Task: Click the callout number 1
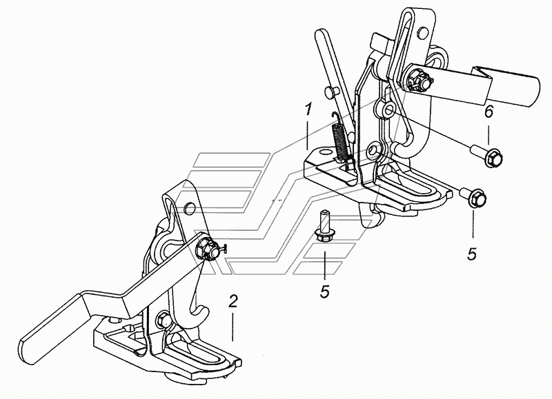pos(308,110)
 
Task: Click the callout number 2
pos(233,302)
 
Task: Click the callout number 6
pos(489,112)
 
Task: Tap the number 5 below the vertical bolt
pos(325,291)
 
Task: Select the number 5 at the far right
pos(472,253)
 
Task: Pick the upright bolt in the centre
pos(323,226)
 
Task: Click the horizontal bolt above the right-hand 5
pos(473,196)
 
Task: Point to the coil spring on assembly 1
pos(339,140)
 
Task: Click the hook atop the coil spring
pos(335,117)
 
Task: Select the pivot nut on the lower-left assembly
pos(205,249)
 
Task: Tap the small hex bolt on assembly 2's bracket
pos(164,320)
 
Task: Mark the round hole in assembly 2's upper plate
pos(190,208)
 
